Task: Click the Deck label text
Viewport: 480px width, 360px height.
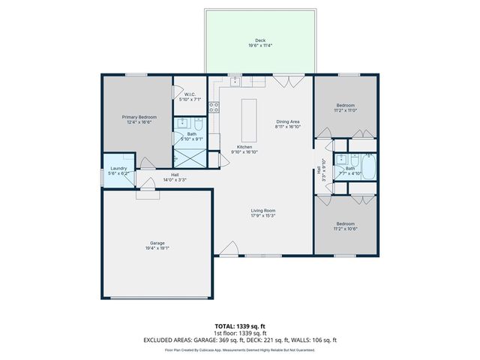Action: click(x=259, y=40)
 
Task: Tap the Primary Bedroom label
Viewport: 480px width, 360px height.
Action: click(x=139, y=117)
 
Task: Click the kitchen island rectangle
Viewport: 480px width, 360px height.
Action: click(x=249, y=115)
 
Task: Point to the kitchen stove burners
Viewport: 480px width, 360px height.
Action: click(x=214, y=107)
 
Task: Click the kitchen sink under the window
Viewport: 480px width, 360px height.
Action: click(x=235, y=80)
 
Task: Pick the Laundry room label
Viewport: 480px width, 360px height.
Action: click(x=118, y=168)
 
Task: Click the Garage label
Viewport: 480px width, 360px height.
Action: click(x=157, y=244)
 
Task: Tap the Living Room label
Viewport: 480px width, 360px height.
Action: click(x=264, y=211)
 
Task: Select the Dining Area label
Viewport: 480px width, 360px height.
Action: click(x=288, y=121)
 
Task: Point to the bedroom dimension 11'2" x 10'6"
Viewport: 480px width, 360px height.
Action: click(x=346, y=229)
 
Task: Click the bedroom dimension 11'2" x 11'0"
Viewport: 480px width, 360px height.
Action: click(x=346, y=110)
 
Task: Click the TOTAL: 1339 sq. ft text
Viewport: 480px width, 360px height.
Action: click(x=240, y=327)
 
